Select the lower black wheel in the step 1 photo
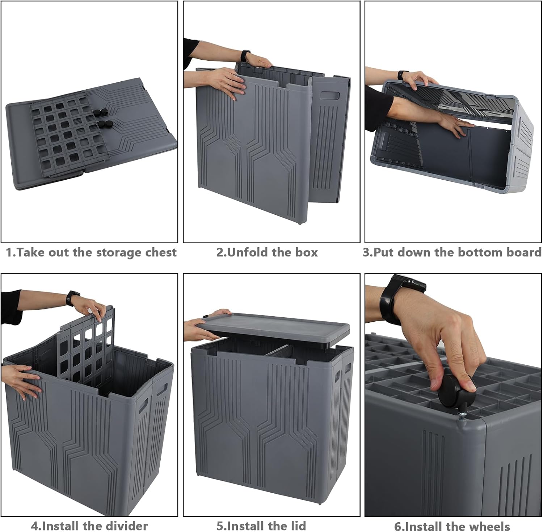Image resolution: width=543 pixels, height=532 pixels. pos(106,125)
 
